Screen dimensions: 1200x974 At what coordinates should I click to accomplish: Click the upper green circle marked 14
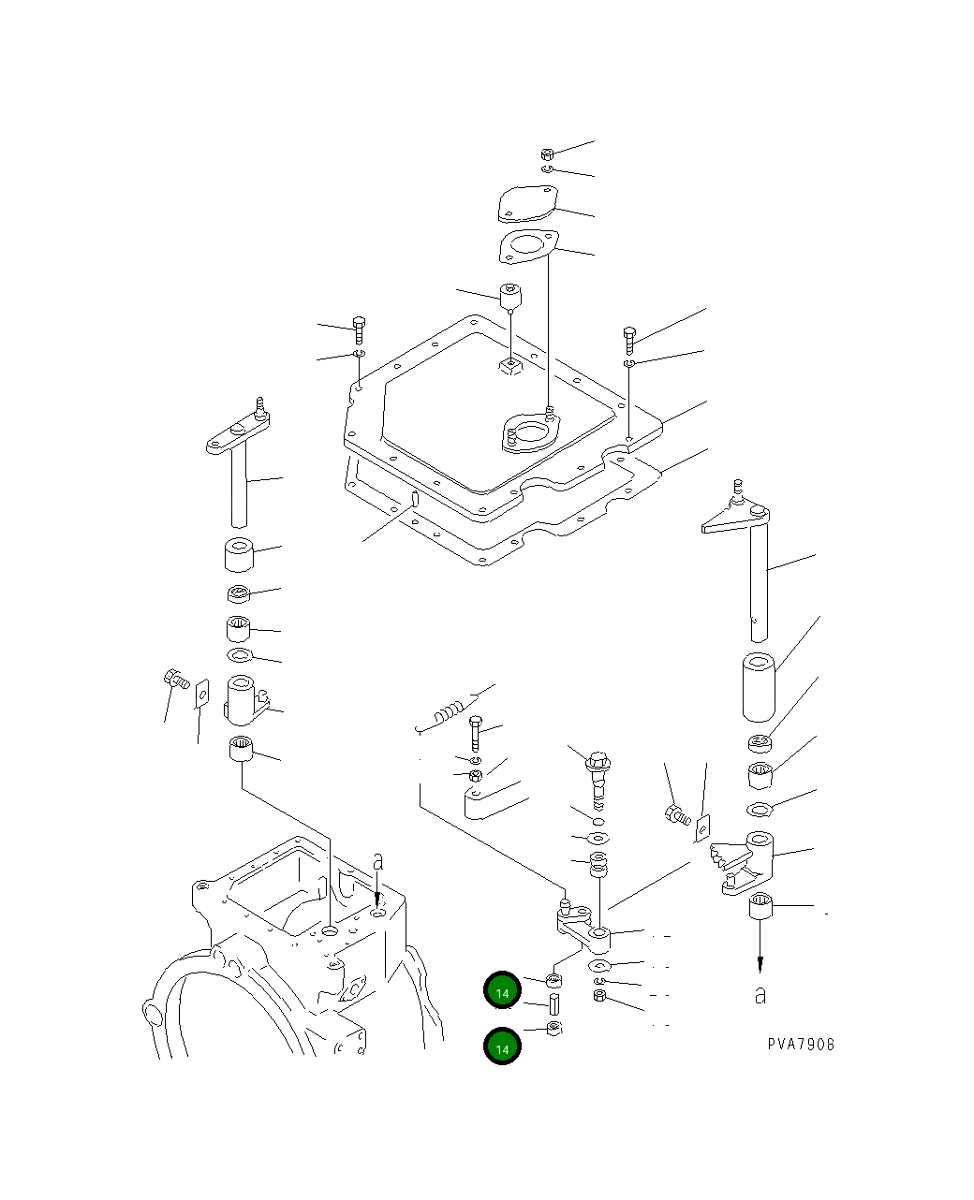click(502, 991)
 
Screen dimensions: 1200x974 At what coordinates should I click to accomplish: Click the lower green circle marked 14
click(502, 1046)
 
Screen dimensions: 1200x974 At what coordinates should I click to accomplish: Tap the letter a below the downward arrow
click(760, 996)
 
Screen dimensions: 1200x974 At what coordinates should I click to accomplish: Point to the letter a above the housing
click(377, 860)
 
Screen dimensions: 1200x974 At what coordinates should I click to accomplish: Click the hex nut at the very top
click(548, 154)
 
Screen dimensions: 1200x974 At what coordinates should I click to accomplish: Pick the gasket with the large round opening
click(527, 247)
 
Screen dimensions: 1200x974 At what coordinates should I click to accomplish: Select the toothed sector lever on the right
click(745, 862)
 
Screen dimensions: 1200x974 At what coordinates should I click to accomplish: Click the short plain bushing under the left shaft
click(239, 555)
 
